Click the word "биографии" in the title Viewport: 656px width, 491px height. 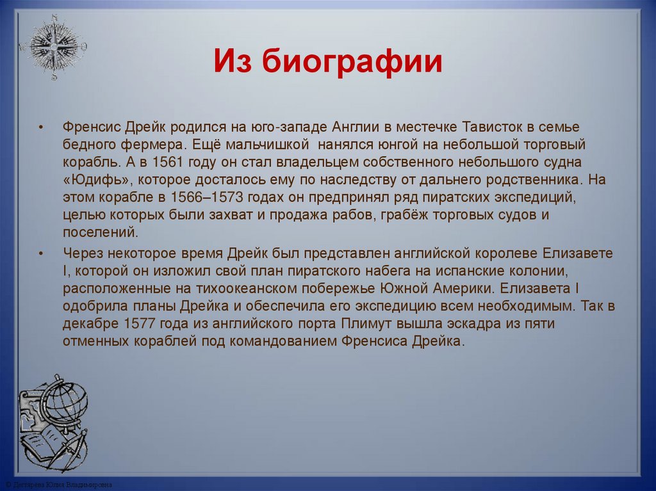pyautogui.click(x=352, y=65)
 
